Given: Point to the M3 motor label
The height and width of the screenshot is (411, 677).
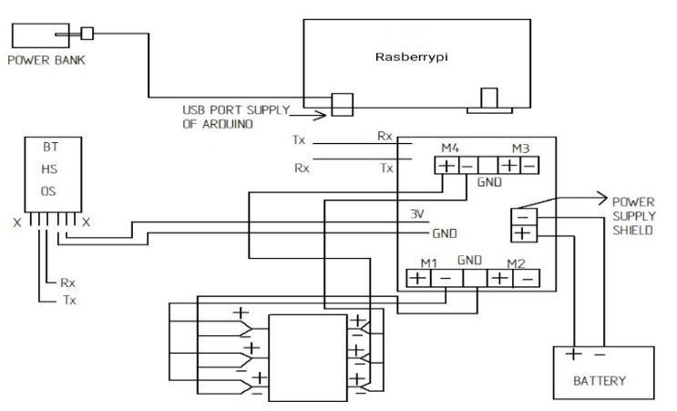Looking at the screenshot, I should point(519,149).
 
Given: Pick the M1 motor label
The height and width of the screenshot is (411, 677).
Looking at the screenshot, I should point(429,264).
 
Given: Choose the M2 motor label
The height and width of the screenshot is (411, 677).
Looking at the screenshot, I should point(515,264).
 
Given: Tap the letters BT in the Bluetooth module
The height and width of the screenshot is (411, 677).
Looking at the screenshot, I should point(50,147).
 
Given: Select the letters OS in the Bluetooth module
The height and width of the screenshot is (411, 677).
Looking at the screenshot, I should point(50,191).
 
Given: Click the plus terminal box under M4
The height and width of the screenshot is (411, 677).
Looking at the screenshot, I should point(446,166).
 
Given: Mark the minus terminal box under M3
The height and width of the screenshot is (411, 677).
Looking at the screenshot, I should point(528,166).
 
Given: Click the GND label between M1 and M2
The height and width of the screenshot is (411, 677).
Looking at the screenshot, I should point(472,262).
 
